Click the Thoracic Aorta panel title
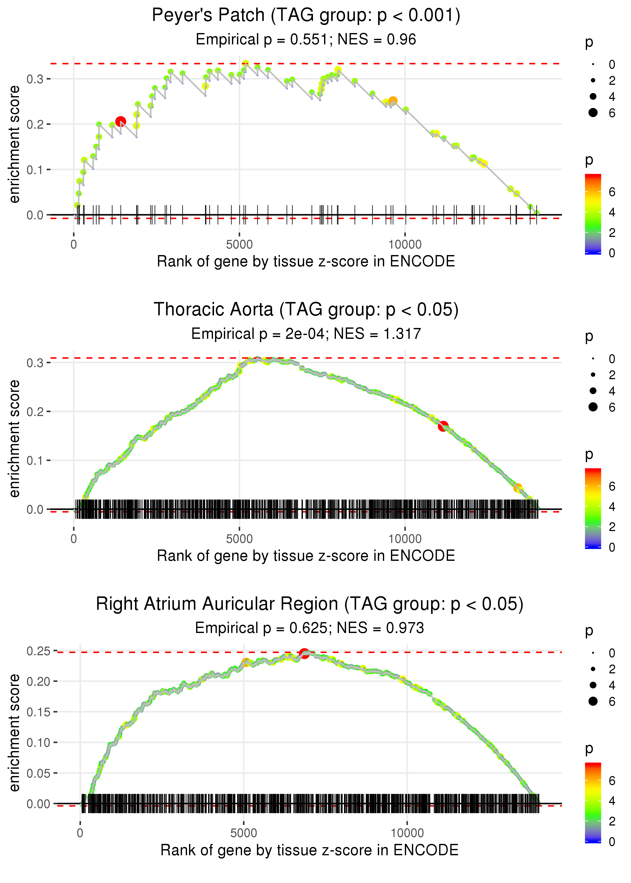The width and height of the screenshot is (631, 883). pyautogui.click(x=306, y=310)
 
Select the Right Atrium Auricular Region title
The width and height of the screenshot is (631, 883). pyautogui.click(x=310, y=604)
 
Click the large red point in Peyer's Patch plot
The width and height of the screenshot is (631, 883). pyautogui.click(x=120, y=122)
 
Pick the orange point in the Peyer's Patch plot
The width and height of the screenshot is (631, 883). pyautogui.click(x=393, y=101)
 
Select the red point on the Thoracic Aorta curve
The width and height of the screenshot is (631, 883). pyautogui.click(x=443, y=426)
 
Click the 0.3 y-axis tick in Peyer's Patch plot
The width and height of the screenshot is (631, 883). pyautogui.click(x=35, y=79)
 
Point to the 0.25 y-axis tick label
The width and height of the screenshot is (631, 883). pyautogui.click(x=38, y=651)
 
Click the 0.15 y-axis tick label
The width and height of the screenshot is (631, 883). pyautogui.click(x=38, y=712)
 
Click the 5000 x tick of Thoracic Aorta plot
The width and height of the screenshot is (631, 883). pyautogui.click(x=239, y=539)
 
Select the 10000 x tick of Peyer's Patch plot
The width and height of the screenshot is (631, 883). pyautogui.click(x=405, y=245)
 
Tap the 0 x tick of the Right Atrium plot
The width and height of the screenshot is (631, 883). pyautogui.click(x=80, y=833)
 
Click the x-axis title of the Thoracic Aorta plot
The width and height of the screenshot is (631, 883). pyautogui.click(x=306, y=556)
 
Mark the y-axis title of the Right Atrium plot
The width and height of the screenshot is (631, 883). pyautogui.click(x=14, y=732)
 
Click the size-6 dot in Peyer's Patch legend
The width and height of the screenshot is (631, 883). pyautogui.click(x=593, y=113)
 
